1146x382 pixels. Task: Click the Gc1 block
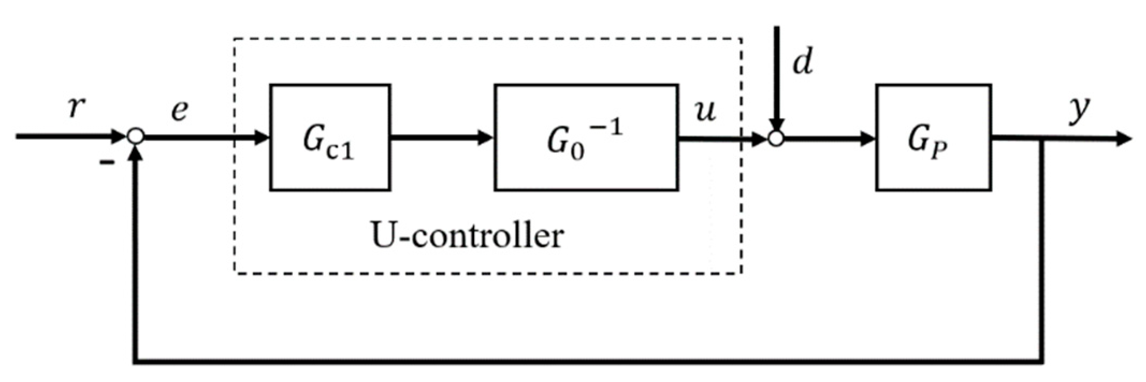[x=330, y=137]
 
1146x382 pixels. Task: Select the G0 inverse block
[x=585, y=137]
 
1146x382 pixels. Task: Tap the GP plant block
[x=933, y=137]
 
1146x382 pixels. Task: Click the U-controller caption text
[x=467, y=235]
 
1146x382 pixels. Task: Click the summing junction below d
[x=775, y=139]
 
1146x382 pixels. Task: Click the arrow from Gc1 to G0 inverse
[x=440, y=138]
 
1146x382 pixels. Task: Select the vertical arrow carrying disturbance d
[x=776, y=75]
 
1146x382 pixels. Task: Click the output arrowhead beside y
[x=1122, y=139]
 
